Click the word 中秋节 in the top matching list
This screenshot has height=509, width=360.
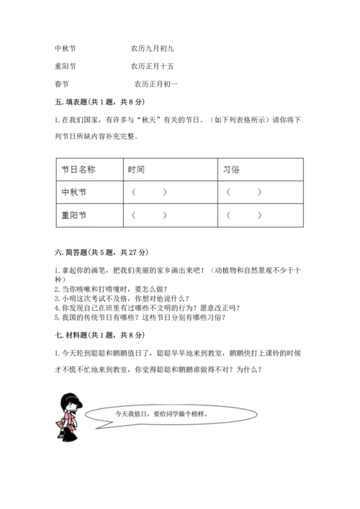tap(66, 49)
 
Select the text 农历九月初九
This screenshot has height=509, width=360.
tap(152, 49)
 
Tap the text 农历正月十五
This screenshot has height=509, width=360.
tap(152, 67)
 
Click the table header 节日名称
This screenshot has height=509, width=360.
tap(79, 169)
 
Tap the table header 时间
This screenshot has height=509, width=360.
tap(136, 169)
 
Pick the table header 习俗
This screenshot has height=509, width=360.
tap(232, 169)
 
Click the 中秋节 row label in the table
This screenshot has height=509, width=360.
tap(75, 192)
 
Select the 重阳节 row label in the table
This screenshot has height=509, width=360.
tap(75, 215)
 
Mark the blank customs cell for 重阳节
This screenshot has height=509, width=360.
tap(244, 215)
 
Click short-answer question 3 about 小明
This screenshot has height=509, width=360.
tap(122, 298)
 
